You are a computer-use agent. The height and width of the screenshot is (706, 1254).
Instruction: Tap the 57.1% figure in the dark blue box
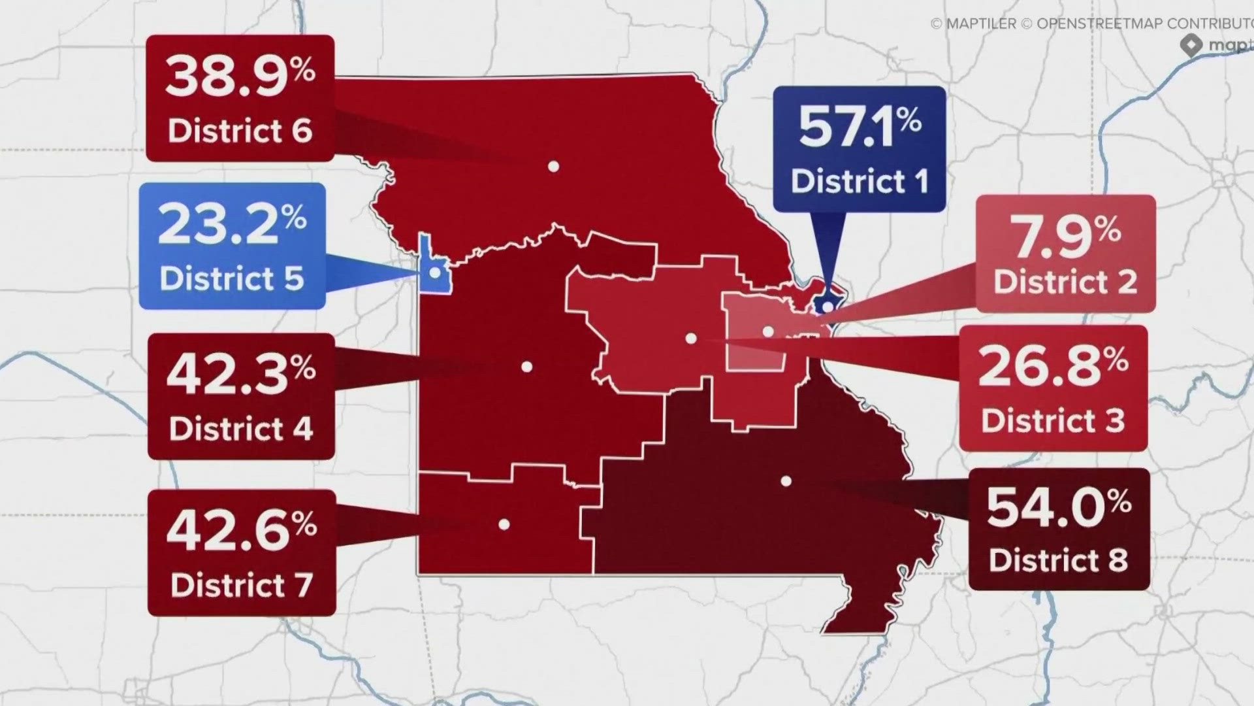click(x=859, y=127)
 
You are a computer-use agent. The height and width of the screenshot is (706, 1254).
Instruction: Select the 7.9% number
click(x=1065, y=235)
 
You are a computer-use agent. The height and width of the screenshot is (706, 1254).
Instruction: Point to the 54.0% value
click(x=1058, y=507)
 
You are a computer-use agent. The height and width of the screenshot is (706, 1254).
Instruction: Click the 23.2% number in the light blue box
click(x=232, y=224)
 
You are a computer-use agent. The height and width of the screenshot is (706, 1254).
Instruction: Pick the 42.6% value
click(x=241, y=530)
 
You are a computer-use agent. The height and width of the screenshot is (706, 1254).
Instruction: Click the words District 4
click(x=241, y=429)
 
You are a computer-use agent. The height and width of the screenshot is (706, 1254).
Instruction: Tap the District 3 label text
click(x=1053, y=420)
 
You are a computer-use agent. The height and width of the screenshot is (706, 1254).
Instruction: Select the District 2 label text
click(x=1065, y=282)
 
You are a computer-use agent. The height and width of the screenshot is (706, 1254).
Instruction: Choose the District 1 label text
click(x=860, y=181)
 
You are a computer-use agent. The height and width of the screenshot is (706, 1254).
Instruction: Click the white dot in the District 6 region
click(x=553, y=167)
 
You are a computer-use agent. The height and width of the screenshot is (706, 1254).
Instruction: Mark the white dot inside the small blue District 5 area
click(x=434, y=271)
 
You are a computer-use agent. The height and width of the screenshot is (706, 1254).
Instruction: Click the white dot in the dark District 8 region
click(x=786, y=481)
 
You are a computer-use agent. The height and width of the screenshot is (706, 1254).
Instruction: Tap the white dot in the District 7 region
click(x=504, y=524)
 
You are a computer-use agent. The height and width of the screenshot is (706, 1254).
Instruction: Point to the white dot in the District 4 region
click(x=526, y=367)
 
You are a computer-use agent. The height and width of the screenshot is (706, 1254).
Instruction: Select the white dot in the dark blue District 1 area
click(x=828, y=306)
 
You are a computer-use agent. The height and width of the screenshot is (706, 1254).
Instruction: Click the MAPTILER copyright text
click(x=973, y=24)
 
